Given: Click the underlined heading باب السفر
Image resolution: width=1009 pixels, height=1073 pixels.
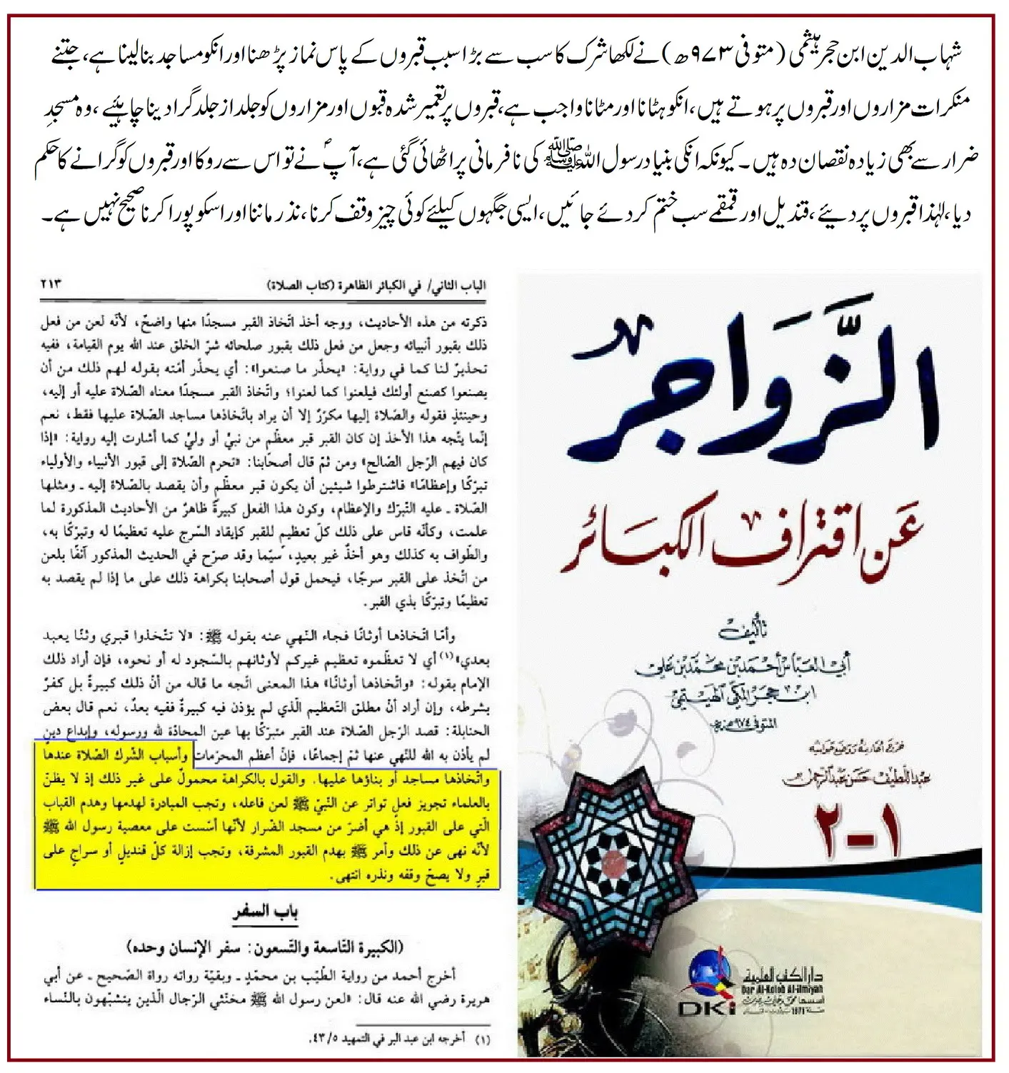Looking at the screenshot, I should [x=265, y=912].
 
